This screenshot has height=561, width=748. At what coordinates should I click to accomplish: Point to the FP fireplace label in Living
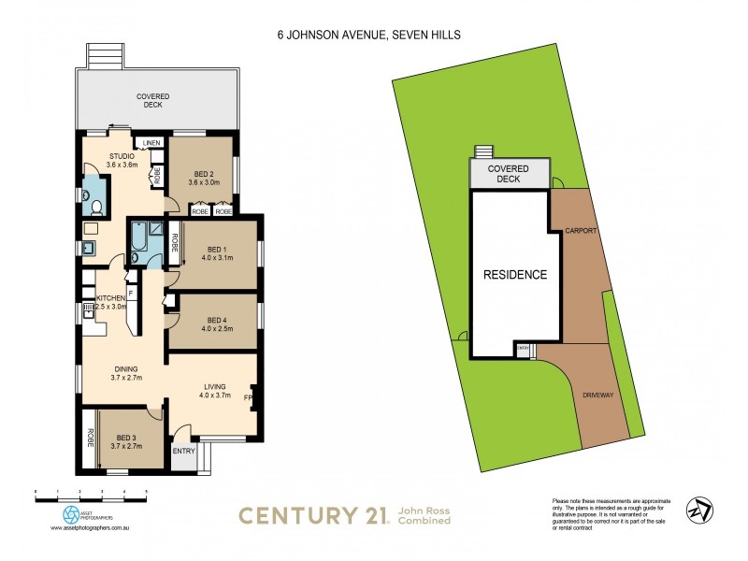(247, 396)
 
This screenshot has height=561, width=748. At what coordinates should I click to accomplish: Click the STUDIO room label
(122, 156)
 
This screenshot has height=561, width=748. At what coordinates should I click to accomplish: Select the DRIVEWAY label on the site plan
(597, 396)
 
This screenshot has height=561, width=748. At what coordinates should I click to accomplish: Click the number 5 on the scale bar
(145, 491)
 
